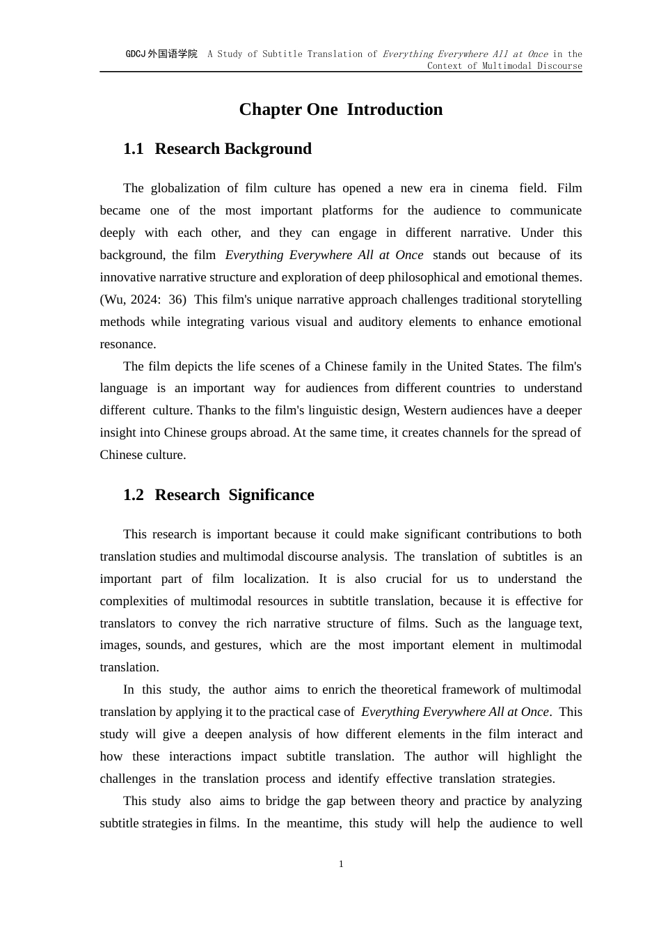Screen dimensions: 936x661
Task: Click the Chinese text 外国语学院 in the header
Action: pyautogui.click(x=173, y=54)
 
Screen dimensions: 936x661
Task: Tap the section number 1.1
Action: pyautogui.click(x=133, y=149)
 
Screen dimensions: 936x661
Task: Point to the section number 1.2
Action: pyautogui.click(x=133, y=495)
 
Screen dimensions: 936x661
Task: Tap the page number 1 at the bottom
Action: pyautogui.click(x=341, y=864)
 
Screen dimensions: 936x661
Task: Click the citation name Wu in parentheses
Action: pyautogui.click(x=113, y=299)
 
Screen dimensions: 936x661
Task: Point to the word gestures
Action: pyautogui.click(x=237, y=645)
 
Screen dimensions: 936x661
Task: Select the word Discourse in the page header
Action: pyautogui.click(x=557, y=65)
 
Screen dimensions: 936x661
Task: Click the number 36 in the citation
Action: pyautogui.click(x=177, y=299)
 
